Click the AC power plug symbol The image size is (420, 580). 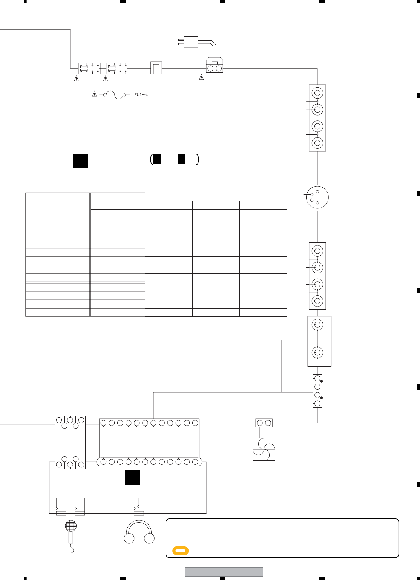pyautogui.click(x=188, y=42)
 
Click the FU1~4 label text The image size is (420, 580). pyautogui.click(x=141, y=94)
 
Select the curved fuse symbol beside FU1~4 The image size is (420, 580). pyautogui.click(x=115, y=95)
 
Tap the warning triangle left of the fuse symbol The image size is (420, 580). pyautogui.click(x=94, y=94)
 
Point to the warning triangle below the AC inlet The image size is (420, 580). pyautogui.click(x=201, y=77)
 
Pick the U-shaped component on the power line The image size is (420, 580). pyautogui.click(x=156, y=68)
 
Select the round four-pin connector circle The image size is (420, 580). pyautogui.click(x=317, y=197)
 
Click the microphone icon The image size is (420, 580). pyautogui.click(x=71, y=536)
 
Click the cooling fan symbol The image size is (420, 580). pyautogui.click(x=264, y=449)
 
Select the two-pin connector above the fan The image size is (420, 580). pyautogui.click(x=264, y=423)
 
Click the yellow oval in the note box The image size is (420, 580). pyautogui.click(x=181, y=551)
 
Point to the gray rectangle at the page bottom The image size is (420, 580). pyautogui.click(x=224, y=572)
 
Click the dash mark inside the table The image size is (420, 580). pyautogui.click(x=216, y=295)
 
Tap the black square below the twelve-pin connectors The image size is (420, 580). pyautogui.click(x=132, y=478)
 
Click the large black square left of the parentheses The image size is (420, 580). pyautogui.click(x=80, y=161)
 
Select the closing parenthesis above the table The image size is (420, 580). pyautogui.click(x=198, y=159)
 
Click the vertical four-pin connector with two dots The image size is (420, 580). pyautogui.click(x=317, y=391)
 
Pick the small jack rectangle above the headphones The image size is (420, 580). pyautogui.click(x=139, y=513)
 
